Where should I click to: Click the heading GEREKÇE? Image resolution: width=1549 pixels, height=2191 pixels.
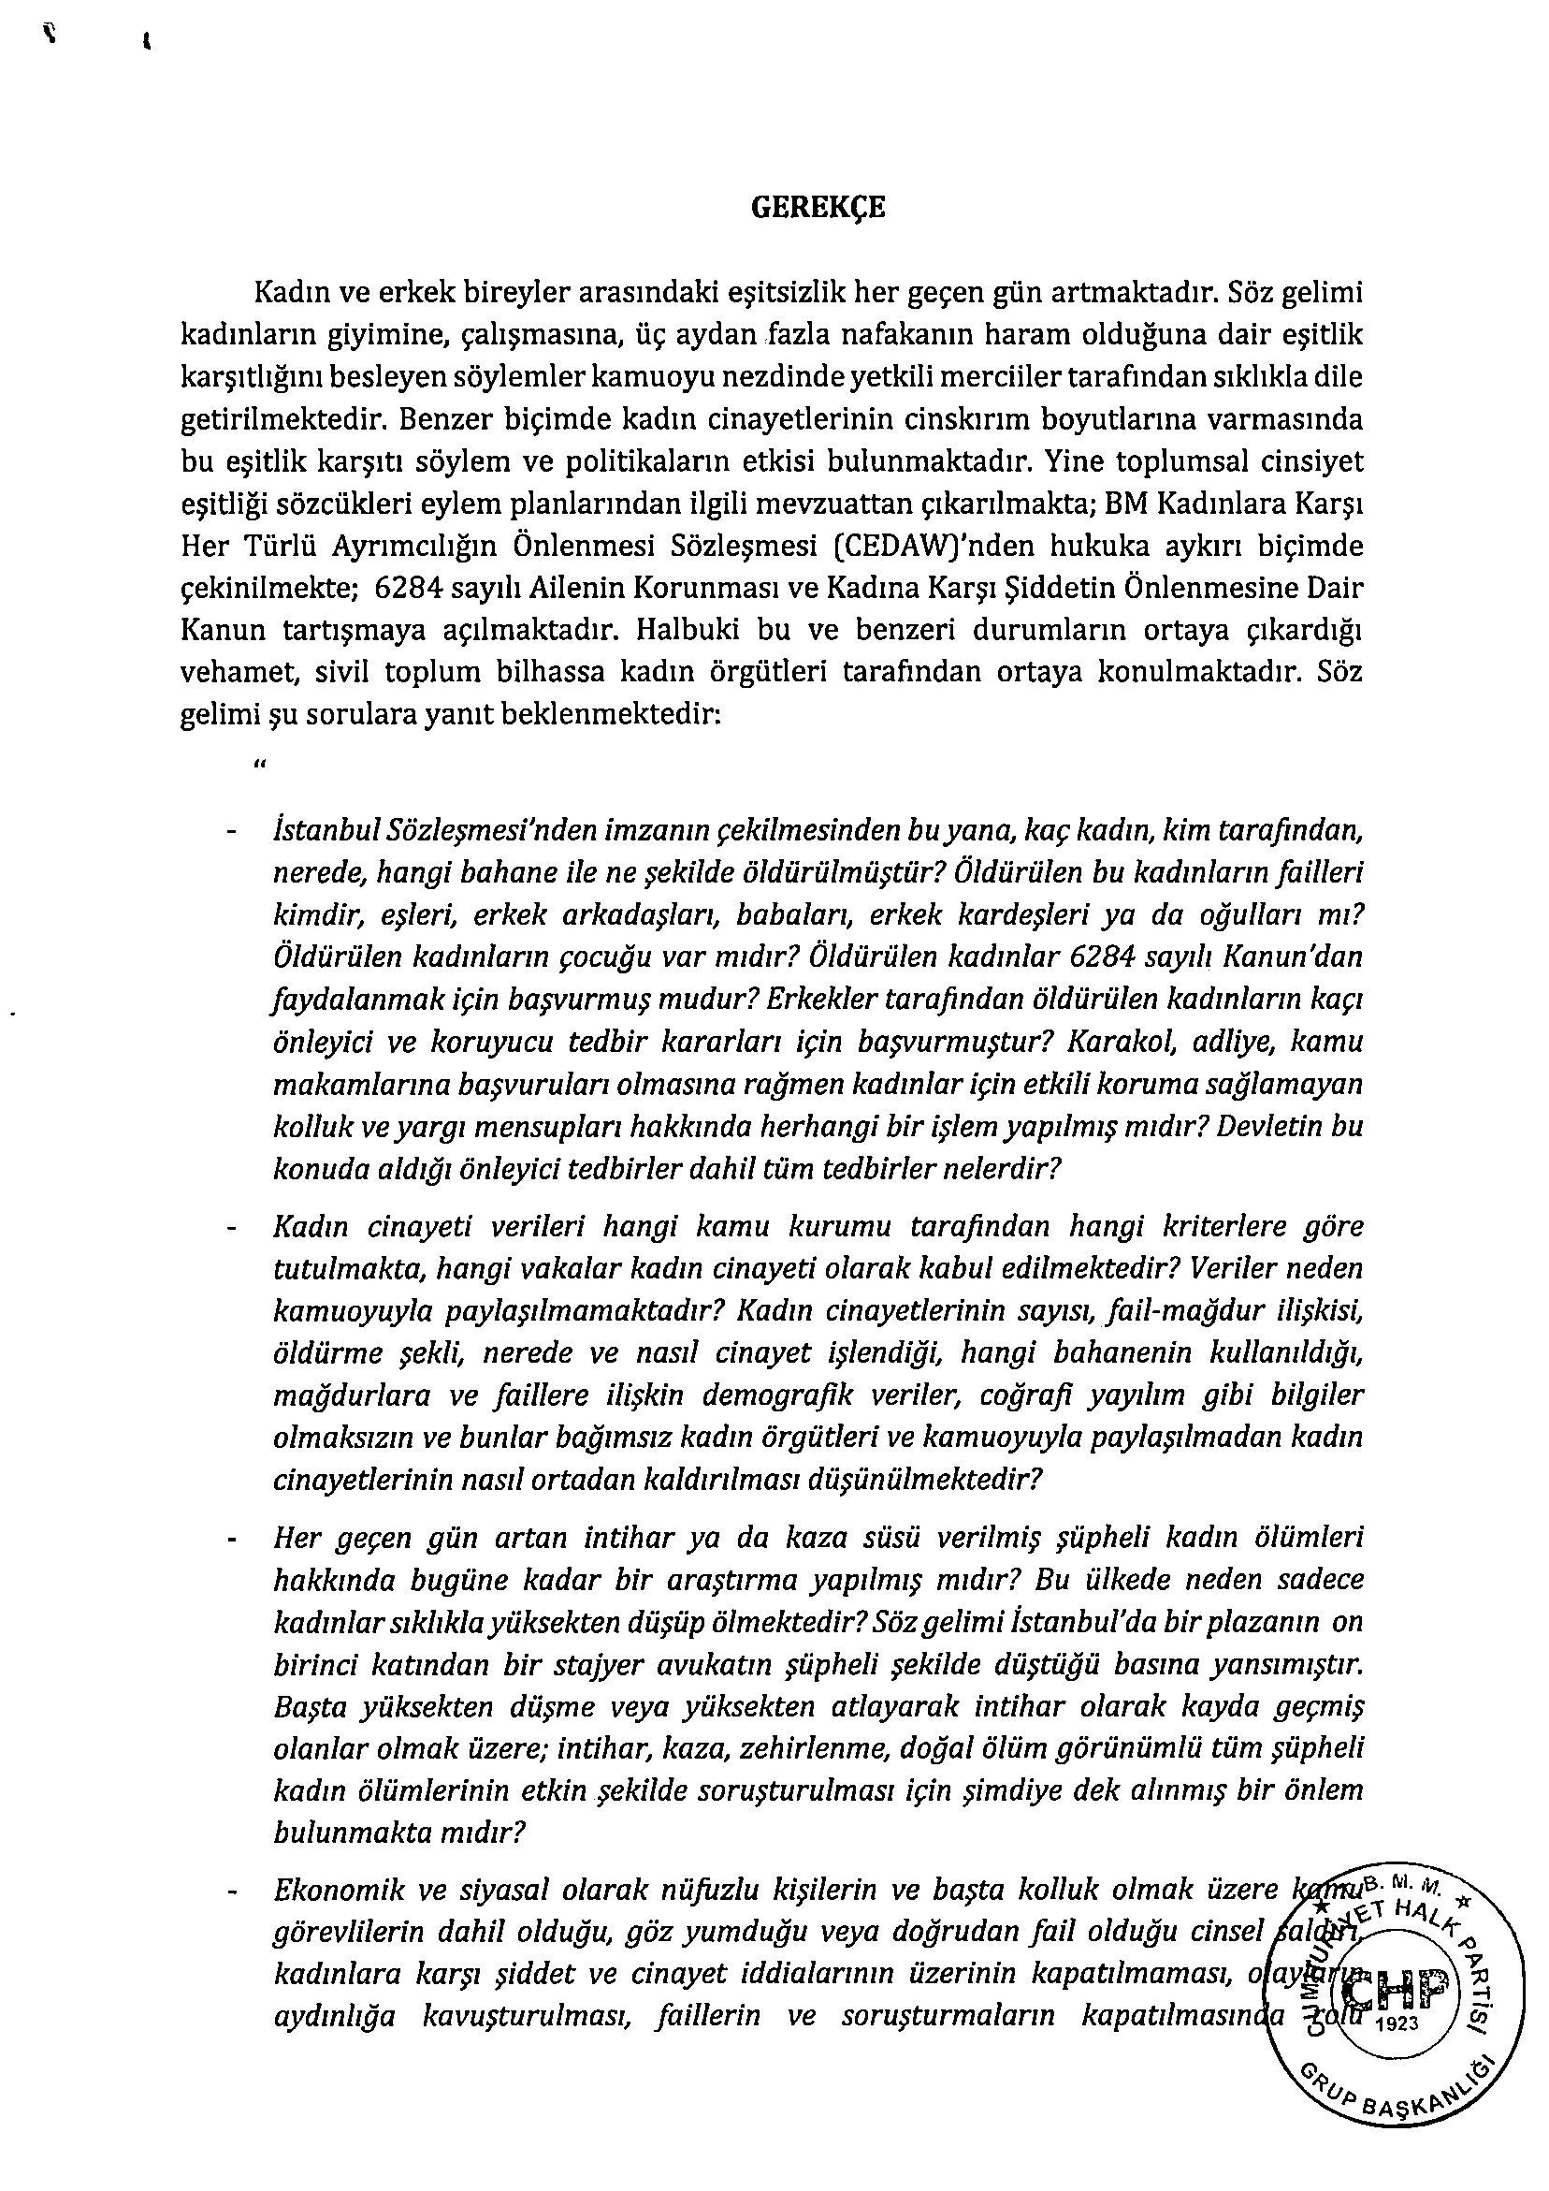(818, 209)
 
